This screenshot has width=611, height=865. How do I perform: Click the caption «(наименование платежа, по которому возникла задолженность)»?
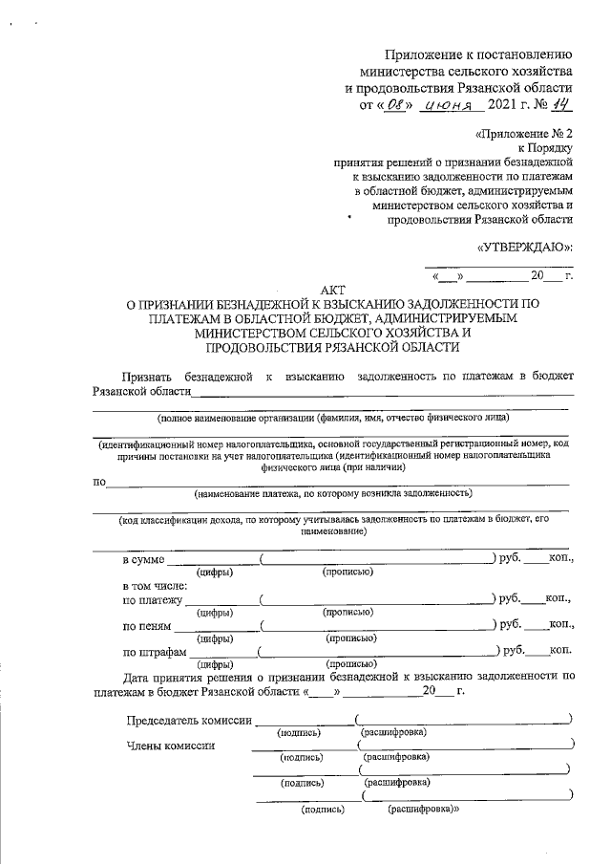(x=333, y=493)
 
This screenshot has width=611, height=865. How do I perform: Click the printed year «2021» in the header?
(x=503, y=104)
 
